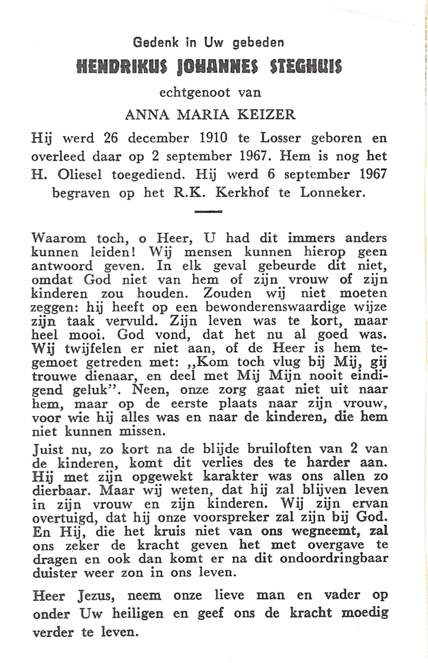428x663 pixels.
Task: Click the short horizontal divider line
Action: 208,212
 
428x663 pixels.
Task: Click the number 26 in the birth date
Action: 111,138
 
